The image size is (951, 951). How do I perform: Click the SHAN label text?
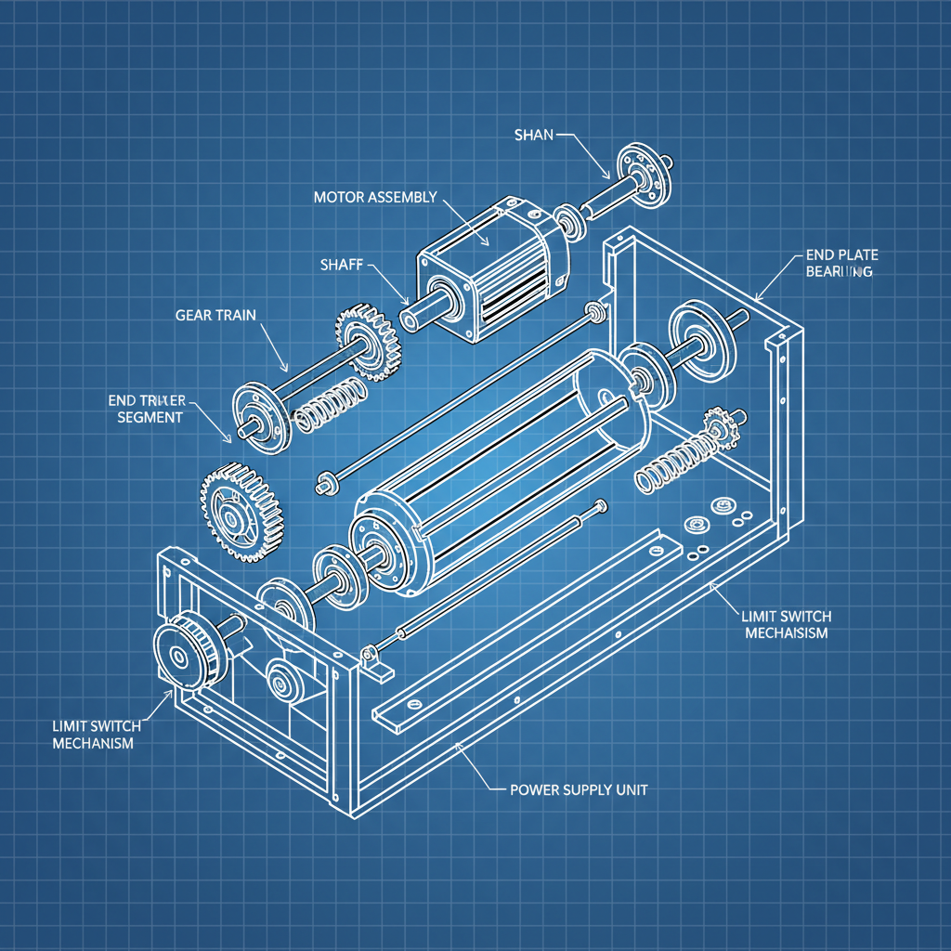pos(533,135)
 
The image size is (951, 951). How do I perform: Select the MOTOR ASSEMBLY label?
pos(374,197)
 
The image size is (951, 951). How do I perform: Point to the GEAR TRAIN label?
pos(215,315)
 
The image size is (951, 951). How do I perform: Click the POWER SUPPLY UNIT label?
pos(579,789)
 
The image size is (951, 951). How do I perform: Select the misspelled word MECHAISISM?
pos(786,633)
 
